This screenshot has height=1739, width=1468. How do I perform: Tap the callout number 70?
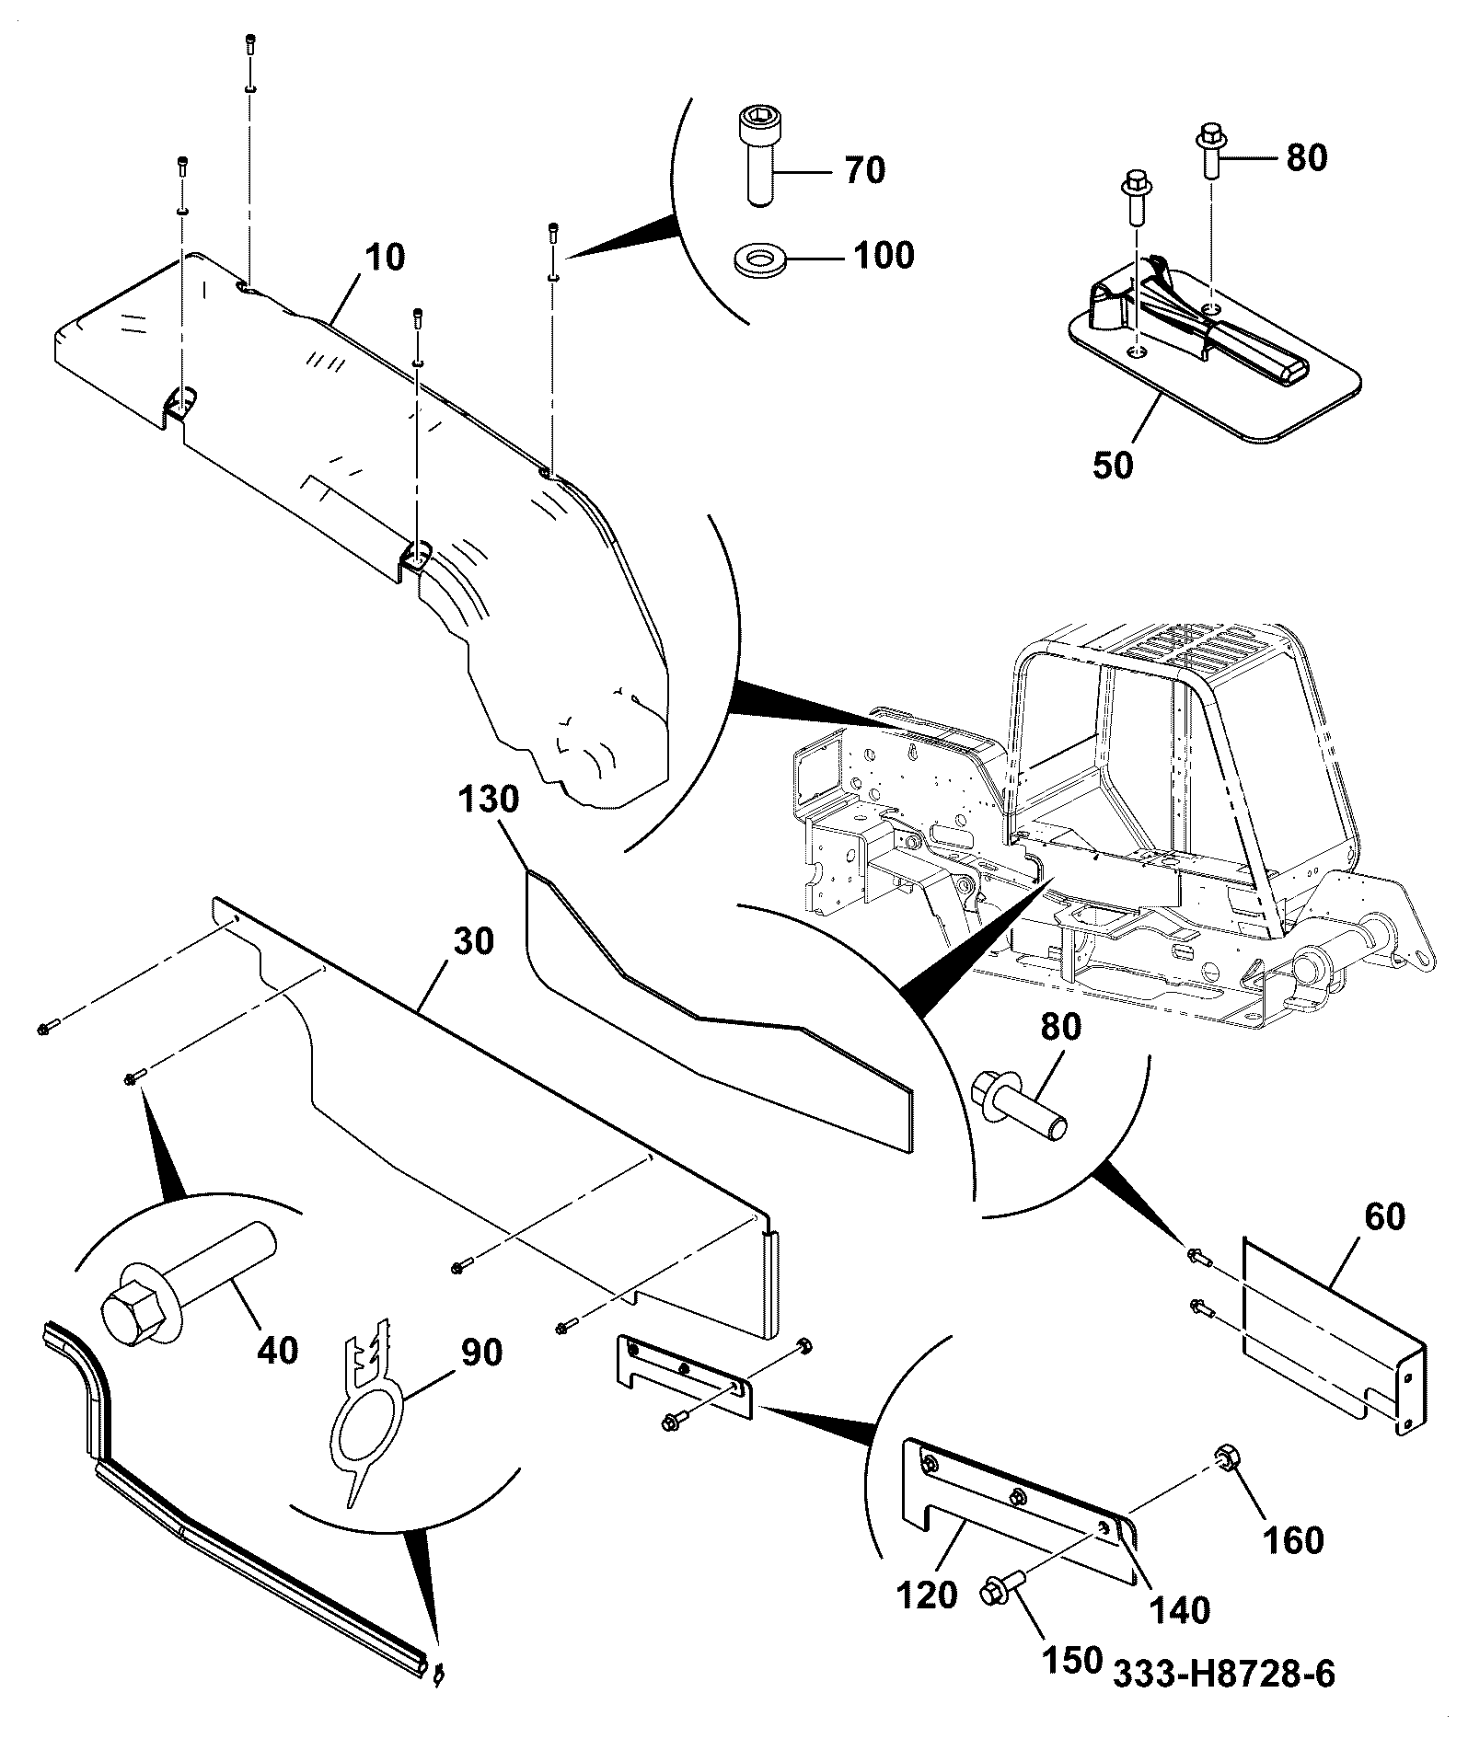click(x=864, y=170)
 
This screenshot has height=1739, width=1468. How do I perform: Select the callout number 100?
click(x=883, y=255)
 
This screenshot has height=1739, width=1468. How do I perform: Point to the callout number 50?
click(x=1113, y=465)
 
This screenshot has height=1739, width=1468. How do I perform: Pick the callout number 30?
click(x=473, y=941)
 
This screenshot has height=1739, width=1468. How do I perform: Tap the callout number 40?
click(x=277, y=1350)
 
